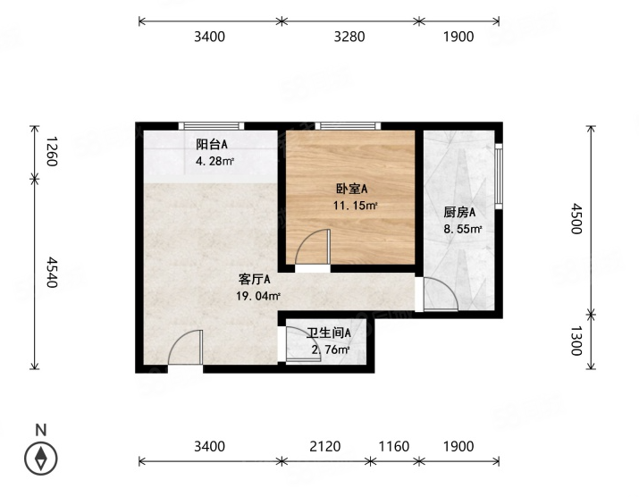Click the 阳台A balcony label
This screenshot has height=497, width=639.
point(212,144)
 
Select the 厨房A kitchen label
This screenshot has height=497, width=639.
point(459,213)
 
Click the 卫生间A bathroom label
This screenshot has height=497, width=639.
point(329,333)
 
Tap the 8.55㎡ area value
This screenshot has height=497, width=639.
point(463,229)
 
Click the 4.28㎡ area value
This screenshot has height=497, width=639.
point(214,162)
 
